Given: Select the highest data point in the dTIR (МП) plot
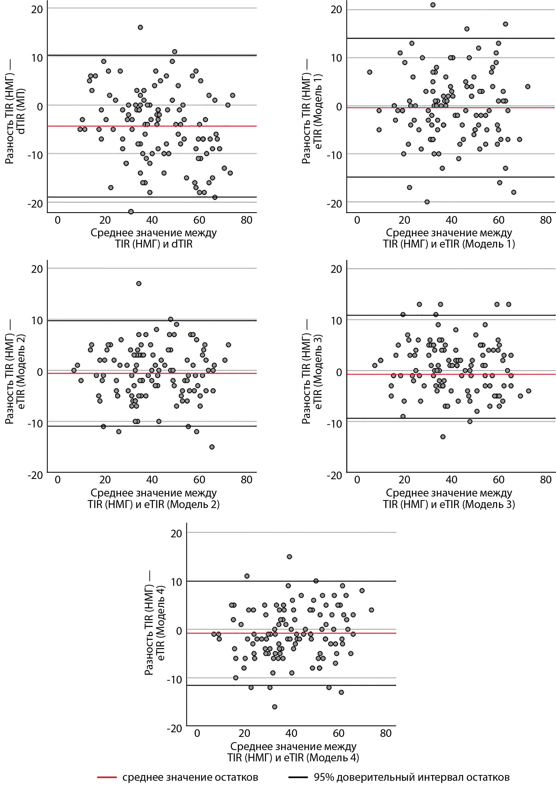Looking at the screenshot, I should coord(140,27).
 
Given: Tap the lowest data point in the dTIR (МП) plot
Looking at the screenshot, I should coord(131,211).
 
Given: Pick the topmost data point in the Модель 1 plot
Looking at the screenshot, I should coord(433,5).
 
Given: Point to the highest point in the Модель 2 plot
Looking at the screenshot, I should coord(139,283).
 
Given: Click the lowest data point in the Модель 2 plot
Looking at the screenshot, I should coord(212,447).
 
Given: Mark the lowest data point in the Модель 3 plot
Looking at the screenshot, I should coord(443,437).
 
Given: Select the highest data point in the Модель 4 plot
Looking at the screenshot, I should coord(289,557).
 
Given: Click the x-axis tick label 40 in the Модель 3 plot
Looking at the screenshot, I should coord(451,479).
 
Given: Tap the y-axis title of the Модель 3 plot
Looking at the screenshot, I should coord(312,371).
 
